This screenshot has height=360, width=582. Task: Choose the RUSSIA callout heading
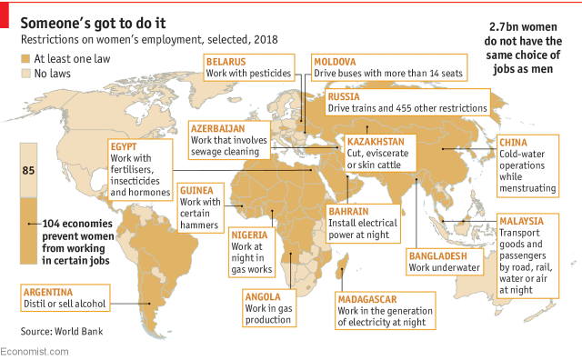point(345,95)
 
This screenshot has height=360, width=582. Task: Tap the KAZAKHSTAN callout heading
point(375,142)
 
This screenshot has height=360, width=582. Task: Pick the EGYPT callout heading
point(124,146)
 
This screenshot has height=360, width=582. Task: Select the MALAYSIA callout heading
point(522,221)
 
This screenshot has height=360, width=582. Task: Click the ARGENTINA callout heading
point(51,291)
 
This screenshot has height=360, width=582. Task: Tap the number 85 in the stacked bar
point(29,170)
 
